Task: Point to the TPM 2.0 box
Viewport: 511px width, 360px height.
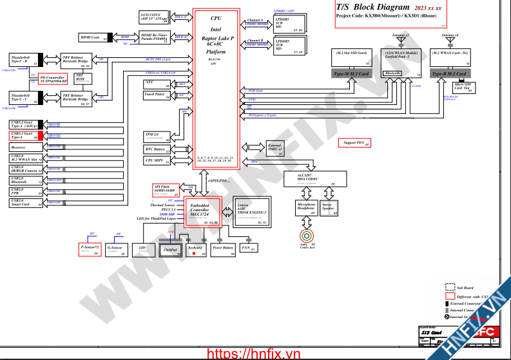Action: (157, 135)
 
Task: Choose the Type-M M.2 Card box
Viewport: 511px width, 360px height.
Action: (351, 75)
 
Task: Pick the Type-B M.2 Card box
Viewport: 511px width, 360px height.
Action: (448, 75)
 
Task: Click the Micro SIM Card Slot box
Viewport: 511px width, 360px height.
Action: (461, 88)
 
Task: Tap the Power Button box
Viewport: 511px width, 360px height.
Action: (223, 248)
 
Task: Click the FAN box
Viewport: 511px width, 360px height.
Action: (247, 247)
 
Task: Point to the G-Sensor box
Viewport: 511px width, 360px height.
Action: (115, 249)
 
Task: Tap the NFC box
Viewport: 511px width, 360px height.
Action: (157, 84)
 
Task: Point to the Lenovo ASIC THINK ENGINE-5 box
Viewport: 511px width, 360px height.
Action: (250, 211)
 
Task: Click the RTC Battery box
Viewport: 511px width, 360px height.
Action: (157, 149)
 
